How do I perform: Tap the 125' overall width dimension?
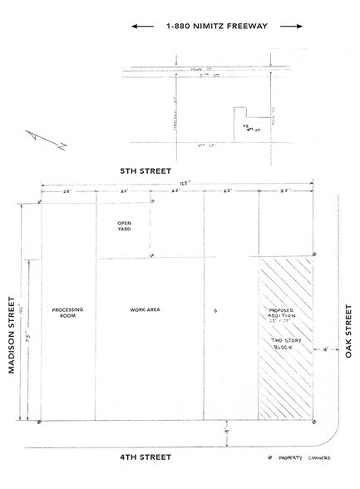[177, 184]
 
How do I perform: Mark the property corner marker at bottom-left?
[40, 422]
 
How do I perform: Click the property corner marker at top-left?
[40, 202]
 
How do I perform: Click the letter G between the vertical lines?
[215, 310]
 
